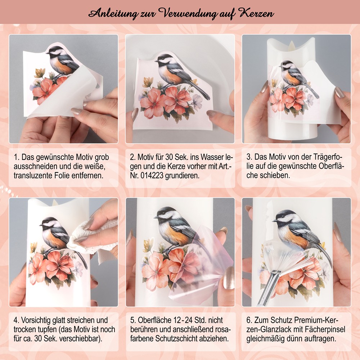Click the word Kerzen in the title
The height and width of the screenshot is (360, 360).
(x=257, y=13)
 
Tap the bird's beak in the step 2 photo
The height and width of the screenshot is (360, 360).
(x=156, y=61)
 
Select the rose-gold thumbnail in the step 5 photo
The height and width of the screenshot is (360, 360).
(x=229, y=278)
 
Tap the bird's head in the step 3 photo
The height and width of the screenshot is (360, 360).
(x=287, y=66)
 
